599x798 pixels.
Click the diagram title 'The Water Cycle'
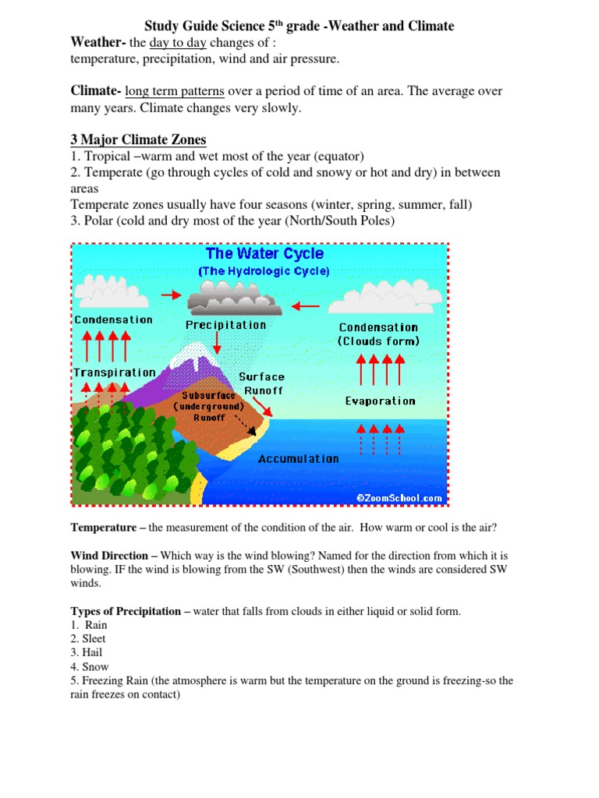coord(264,254)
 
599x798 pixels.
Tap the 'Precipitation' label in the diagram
coord(225,325)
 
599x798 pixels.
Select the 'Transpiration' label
coord(115,373)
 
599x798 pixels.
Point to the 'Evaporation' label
coord(380,401)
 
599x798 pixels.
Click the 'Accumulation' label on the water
coord(299,458)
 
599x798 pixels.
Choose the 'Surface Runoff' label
coord(261,383)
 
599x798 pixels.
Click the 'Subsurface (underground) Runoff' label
coord(209,406)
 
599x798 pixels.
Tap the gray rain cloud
coord(225,297)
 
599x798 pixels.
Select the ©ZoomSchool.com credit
coord(399,497)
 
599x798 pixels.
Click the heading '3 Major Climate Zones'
coord(138,140)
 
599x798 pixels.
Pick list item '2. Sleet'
coord(88,639)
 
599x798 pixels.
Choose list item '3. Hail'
coord(87,653)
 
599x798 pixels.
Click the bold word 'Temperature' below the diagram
coord(104,528)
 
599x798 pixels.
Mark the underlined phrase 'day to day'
coord(177,42)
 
